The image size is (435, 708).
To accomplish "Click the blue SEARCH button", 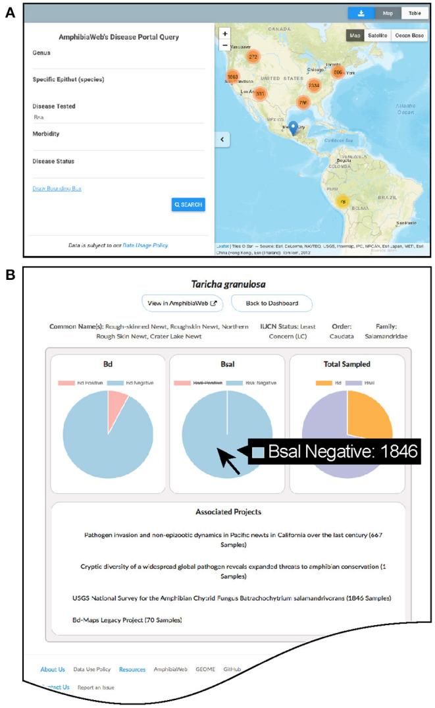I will tap(188, 205).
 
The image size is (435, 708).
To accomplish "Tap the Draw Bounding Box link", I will tap(57, 188).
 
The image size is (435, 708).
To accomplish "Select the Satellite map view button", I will tap(376, 36).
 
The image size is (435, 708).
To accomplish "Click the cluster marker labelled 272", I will tap(253, 57).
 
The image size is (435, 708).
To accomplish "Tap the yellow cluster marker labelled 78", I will tap(342, 202).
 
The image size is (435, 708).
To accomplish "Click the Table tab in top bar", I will tap(415, 13).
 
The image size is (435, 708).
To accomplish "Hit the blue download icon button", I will tap(361, 13).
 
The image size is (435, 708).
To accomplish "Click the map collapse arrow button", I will tap(222, 139).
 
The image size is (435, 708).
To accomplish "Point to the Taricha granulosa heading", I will tap(227, 285).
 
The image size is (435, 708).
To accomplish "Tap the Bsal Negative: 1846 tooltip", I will tap(335, 452).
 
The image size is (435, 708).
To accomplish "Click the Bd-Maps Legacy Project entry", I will tap(127, 619).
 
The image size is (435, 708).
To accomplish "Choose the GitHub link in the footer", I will tap(231, 669).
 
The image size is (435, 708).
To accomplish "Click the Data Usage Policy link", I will tap(145, 245).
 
